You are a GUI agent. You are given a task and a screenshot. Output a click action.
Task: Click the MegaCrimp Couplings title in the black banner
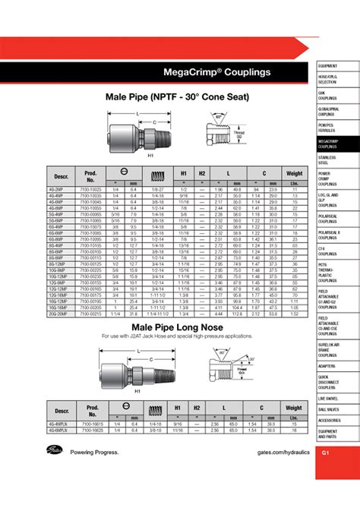coord(206,73)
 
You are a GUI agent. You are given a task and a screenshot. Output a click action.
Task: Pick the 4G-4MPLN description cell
coord(58,427)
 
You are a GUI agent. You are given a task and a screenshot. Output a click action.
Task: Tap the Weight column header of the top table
coord(294,173)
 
